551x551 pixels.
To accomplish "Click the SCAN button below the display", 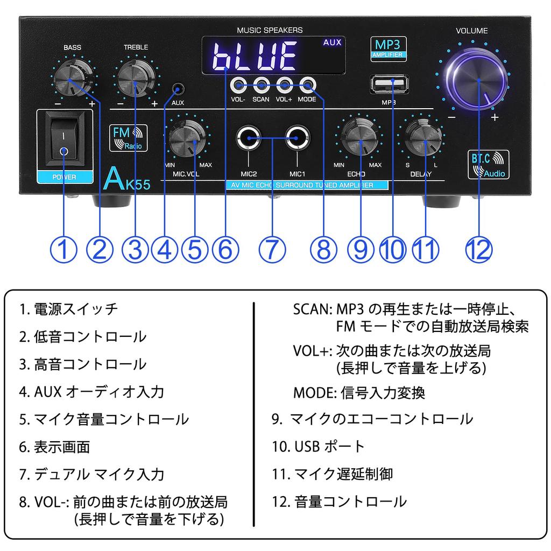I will click(261, 84).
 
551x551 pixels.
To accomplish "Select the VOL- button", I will click(238, 84).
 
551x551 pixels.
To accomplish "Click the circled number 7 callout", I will click(272, 249).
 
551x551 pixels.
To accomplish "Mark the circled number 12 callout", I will click(479, 249).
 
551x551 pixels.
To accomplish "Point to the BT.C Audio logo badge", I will click(487, 165).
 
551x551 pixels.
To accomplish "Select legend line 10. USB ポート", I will click(319, 446).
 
